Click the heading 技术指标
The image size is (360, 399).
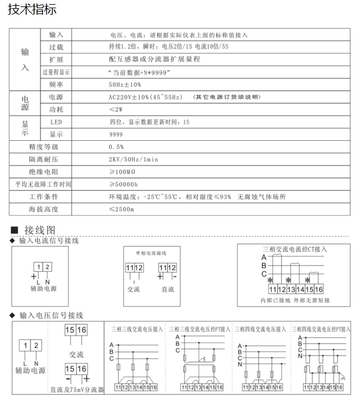tap(32, 11)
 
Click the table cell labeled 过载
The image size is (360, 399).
tap(56, 47)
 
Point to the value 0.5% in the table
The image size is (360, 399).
tap(116, 146)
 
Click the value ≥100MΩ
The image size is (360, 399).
tap(123, 172)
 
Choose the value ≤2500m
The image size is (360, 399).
tap(122, 209)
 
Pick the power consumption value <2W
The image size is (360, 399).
tap(116, 110)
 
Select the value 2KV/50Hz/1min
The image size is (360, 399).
tap(134, 159)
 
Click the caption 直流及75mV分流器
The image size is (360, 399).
tap(77, 389)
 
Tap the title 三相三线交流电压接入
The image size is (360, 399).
tap(137, 329)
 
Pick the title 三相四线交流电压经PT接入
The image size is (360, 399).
tap(325, 329)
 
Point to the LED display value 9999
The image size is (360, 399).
tap(116, 134)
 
